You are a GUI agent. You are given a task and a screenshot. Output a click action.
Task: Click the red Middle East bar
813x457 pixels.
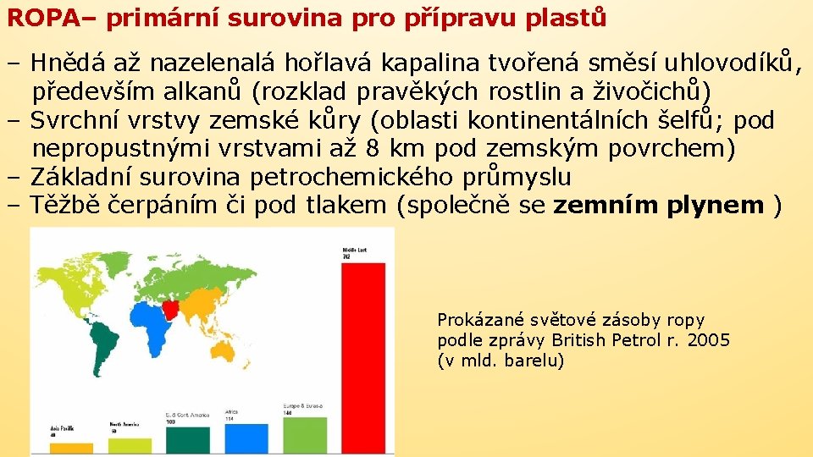click(x=362, y=355)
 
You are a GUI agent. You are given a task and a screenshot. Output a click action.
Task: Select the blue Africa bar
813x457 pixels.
click(x=246, y=438)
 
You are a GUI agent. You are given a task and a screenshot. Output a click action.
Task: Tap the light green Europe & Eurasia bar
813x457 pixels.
click(x=304, y=432)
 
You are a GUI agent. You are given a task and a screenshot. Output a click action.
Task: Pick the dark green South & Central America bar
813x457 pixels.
click(x=187, y=439)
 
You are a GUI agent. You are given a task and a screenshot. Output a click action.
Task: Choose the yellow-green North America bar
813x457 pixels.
click(x=130, y=445)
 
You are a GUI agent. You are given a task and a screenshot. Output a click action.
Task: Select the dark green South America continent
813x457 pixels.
click(x=105, y=339)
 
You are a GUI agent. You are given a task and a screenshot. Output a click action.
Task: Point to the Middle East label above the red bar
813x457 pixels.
click(x=354, y=252)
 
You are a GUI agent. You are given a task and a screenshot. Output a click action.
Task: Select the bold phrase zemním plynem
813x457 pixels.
click(x=658, y=205)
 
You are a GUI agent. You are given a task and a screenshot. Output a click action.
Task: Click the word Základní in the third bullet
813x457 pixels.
click(x=81, y=177)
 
